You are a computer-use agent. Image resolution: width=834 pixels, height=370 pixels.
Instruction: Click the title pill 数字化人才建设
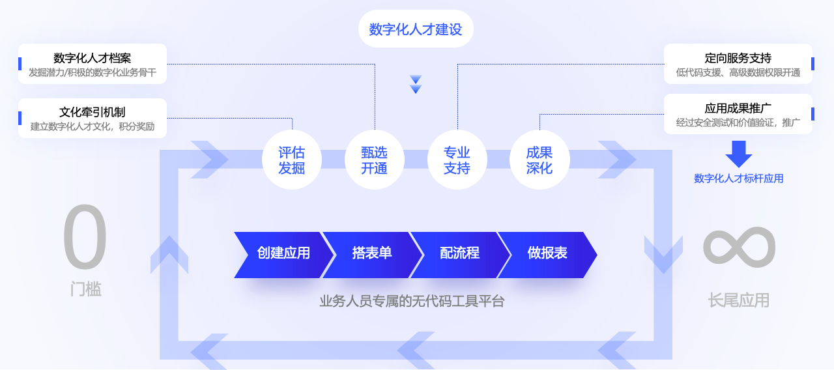coord(416,29)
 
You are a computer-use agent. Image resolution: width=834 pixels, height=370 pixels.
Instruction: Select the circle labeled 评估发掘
coord(292,160)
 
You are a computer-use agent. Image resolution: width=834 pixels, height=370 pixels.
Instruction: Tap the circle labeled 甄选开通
coord(375,160)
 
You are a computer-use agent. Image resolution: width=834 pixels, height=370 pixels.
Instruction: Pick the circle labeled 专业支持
coord(457,160)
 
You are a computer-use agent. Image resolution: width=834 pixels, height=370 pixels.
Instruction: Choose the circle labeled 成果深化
coord(539,160)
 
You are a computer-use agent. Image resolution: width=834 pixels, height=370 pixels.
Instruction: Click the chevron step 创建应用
coord(283,255)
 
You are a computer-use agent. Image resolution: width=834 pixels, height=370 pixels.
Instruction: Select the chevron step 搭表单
coord(372,255)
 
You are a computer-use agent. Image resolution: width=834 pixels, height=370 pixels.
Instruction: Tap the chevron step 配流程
coord(460,255)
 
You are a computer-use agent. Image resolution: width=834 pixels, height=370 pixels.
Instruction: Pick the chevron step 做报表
coord(548,255)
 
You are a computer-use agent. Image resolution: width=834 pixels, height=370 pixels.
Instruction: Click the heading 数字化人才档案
coord(93,58)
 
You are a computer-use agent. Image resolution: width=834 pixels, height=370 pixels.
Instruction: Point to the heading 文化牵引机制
coord(93,112)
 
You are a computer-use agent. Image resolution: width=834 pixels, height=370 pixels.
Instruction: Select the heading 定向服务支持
coord(738,58)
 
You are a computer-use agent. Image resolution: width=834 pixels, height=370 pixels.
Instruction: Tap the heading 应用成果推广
coord(738,108)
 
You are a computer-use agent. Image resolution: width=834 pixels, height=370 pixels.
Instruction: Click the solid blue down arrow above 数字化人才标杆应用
coord(739,154)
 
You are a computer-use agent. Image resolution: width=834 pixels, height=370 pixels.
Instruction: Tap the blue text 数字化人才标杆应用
coord(739,178)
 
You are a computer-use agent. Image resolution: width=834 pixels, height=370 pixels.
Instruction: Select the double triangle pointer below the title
coord(416,84)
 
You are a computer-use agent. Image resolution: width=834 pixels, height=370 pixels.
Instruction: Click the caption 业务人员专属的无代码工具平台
coord(412,301)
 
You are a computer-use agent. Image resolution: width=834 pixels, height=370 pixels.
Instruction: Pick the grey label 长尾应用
coord(739,300)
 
